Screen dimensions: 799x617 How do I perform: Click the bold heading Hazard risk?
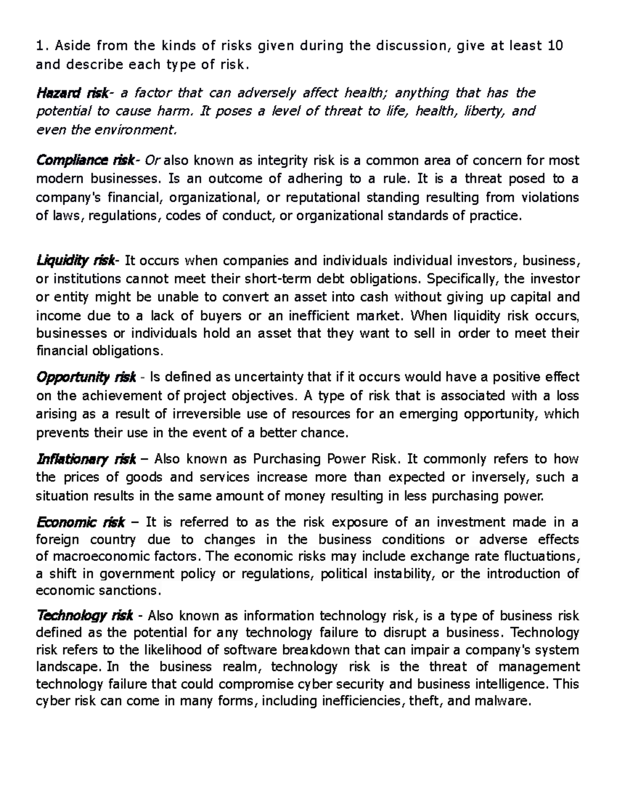coord(71,93)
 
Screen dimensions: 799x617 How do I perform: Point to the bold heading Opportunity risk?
coord(86,378)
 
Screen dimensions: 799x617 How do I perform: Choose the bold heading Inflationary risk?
coord(86,459)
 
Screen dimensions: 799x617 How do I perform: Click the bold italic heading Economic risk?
coord(81,523)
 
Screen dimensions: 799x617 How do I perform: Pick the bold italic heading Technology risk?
coord(85,616)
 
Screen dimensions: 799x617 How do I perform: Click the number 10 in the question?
coord(555,46)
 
